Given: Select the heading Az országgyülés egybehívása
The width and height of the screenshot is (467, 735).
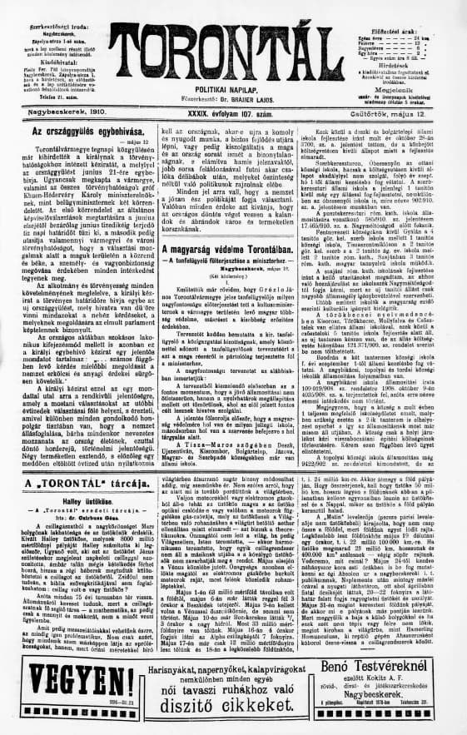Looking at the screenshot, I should click(79, 132).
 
